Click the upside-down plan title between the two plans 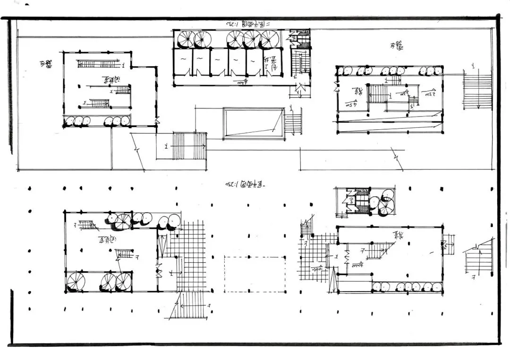coord(245,183)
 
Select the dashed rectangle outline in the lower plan coord(255,274)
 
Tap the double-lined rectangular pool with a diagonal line coord(254,123)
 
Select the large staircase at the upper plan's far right coord(477,89)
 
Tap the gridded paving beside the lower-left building coord(189,257)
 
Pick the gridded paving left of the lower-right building coord(313,257)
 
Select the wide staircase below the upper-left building coord(189,146)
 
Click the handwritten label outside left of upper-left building coord(46,64)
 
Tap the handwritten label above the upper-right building coord(396,46)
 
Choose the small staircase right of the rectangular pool coord(293,122)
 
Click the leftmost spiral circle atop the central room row coord(186,40)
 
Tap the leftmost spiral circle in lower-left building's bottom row coord(75,282)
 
